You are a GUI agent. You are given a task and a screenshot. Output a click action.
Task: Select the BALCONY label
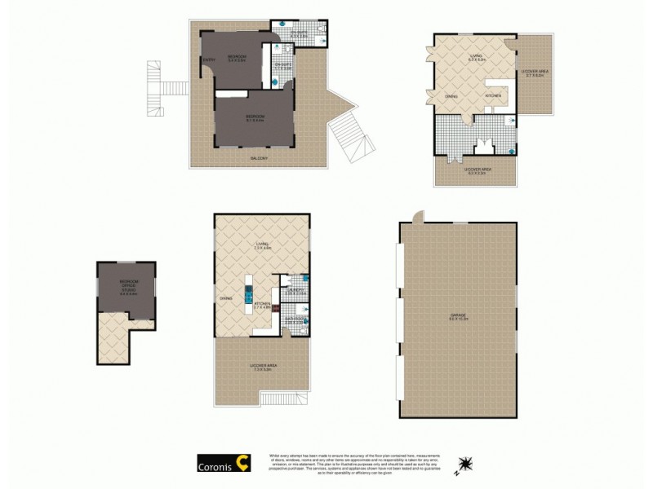pyautogui.click(x=260, y=157)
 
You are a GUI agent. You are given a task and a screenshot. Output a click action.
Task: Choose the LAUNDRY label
pyautogui.click(x=295, y=291)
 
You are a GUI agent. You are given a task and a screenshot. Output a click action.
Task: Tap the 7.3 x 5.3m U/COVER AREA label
pyautogui.click(x=263, y=368)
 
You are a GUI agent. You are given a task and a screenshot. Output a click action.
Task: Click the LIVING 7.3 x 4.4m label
pyautogui.click(x=263, y=244)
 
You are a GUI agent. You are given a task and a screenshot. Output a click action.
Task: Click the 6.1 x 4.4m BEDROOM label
pyautogui.click(x=255, y=117)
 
